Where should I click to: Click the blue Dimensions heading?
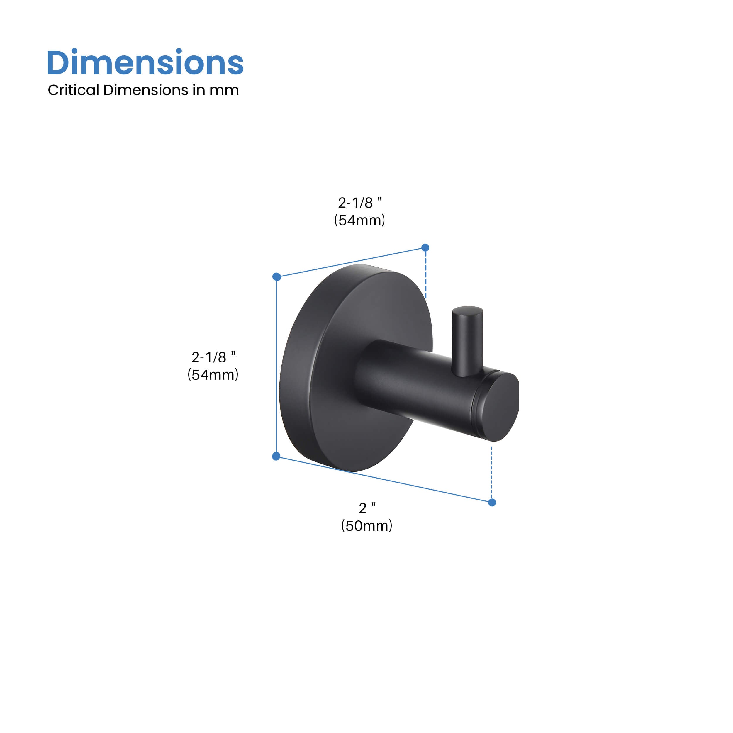click(x=145, y=63)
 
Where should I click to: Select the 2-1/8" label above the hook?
click(x=360, y=203)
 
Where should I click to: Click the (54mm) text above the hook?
click(x=360, y=220)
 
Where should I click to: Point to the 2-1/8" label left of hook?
click(x=213, y=357)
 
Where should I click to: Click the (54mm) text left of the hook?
click(x=213, y=375)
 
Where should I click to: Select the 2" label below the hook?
click(x=367, y=508)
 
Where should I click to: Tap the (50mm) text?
click(x=367, y=526)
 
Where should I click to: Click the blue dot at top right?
click(x=425, y=247)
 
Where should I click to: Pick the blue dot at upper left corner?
click(x=276, y=276)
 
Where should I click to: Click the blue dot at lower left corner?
click(x=276, y=456)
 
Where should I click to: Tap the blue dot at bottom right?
click(x=492, y=503)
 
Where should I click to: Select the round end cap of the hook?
click(x=501, y=407)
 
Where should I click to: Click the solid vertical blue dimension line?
click(x=276, y=366)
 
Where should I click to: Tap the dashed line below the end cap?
click(x=491, y=472)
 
